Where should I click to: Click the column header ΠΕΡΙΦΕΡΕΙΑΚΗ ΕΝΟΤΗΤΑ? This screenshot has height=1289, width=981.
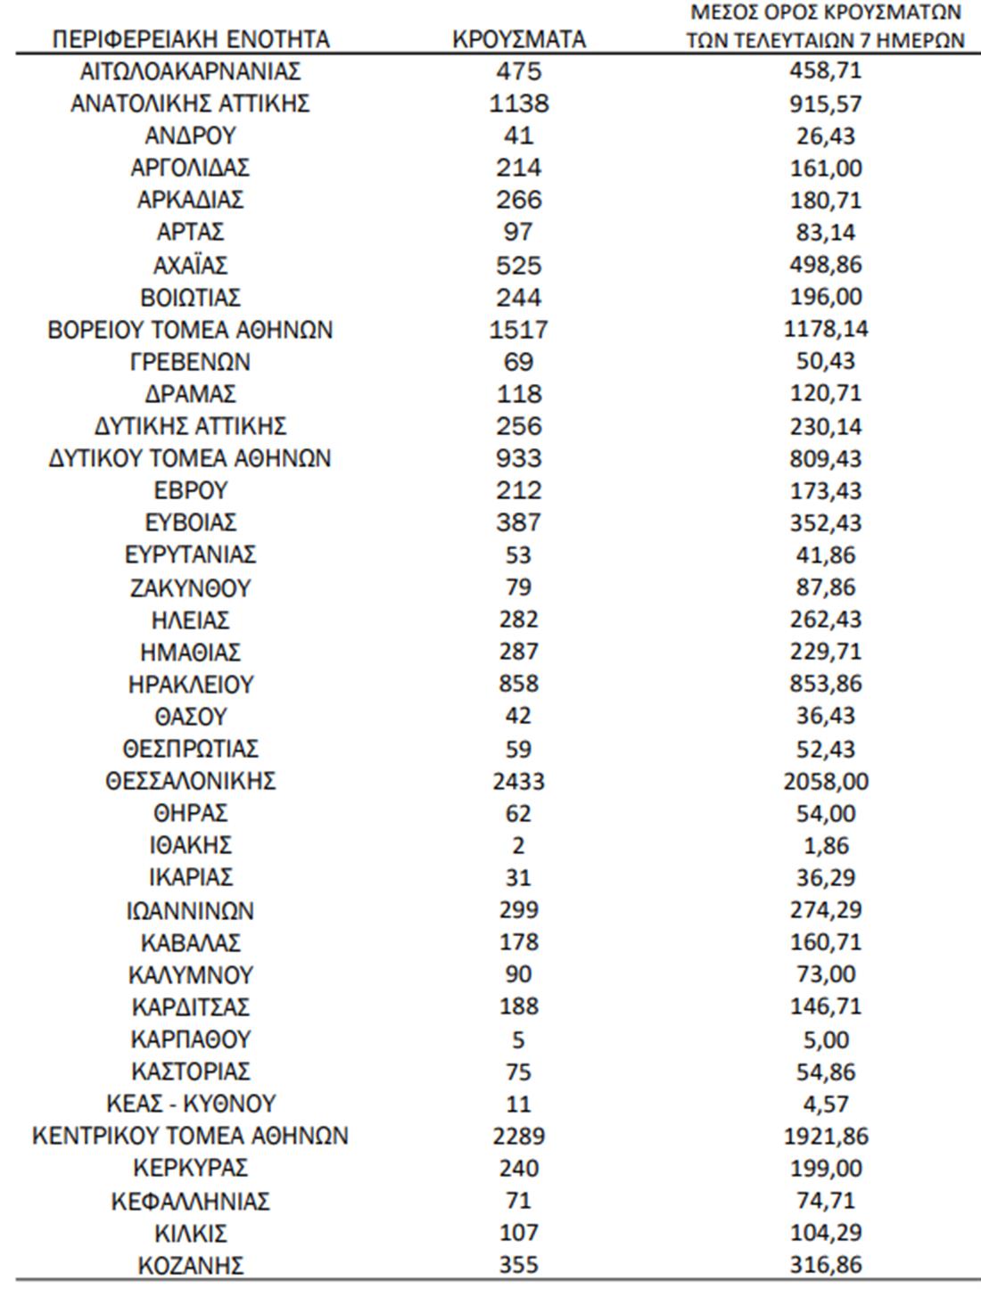click(190, 39)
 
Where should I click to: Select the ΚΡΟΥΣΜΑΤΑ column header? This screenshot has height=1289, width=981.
click(519, 39)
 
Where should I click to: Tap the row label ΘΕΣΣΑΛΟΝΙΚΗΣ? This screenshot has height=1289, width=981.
click(190, 781)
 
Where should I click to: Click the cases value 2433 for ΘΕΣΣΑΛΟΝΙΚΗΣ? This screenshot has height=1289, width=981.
click(518, 782)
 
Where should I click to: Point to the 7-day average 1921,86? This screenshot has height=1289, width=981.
click(827, 1136)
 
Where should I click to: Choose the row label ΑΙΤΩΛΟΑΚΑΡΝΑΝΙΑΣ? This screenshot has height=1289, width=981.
click(190, 71)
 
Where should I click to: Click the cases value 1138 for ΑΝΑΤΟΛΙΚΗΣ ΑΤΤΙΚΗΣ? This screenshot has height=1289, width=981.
click(519, 103)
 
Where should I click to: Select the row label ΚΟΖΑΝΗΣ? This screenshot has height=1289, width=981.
click(190, 1265)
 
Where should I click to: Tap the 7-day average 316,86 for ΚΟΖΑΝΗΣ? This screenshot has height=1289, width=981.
click(826, 1265)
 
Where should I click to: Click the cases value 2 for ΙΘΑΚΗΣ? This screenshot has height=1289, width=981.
click(518, 845)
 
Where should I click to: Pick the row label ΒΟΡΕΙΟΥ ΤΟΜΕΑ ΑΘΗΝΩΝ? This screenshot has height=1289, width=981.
click(190, 330)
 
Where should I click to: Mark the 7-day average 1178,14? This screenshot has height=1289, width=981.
click(826, 330)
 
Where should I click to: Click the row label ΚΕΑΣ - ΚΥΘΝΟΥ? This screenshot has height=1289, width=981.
click(190, 1104)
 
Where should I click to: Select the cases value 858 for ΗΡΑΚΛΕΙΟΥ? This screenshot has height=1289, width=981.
click(518, 684)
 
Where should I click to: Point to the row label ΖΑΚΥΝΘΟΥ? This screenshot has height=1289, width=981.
click(190, 587)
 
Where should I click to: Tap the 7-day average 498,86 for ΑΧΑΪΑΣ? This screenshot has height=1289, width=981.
click(826, 265)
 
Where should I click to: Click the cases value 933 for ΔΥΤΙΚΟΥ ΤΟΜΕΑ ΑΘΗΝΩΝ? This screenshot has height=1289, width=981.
click(518, 458)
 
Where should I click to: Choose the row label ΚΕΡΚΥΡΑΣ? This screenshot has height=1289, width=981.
click(190, 1168)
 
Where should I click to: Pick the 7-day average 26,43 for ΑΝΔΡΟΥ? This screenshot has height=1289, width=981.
click(826, 135)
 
